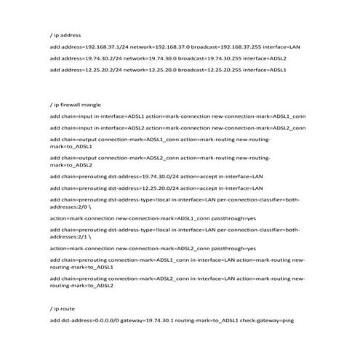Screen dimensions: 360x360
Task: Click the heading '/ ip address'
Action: click(x=65, y=35)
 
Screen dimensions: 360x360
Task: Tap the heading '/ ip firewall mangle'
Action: click(x=75, y=105)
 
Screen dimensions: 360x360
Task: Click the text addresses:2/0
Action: click(x=70, y=206)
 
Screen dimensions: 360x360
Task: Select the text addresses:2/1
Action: click(x=70, y=236)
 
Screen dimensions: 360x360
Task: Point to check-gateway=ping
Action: click(x=267, y=320)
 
